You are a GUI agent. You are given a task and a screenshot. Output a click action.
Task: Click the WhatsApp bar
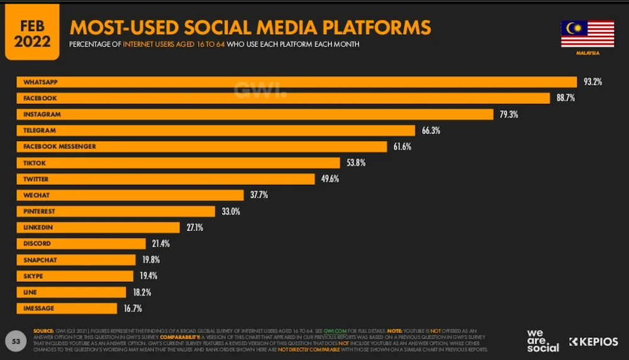(296, 82)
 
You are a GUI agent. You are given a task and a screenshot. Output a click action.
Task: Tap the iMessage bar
(66, 308)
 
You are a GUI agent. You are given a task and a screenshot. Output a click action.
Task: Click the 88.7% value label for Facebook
(565, 98)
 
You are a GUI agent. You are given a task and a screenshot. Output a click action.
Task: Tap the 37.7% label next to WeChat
(259, 195)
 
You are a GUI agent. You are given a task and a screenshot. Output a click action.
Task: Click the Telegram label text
(40, 130)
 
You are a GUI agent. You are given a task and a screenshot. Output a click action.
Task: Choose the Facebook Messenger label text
(59, 146)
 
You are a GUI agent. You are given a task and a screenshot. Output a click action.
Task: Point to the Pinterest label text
(40, 211)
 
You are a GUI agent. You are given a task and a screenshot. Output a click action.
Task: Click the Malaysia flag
(587, 34)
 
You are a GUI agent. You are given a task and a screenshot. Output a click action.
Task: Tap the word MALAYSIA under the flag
(587, 53)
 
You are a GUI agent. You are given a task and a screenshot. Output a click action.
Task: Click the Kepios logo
(593, 342)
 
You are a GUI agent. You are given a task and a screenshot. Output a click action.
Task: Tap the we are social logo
(543, 340)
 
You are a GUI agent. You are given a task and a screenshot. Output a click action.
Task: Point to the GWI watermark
(260, 90)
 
